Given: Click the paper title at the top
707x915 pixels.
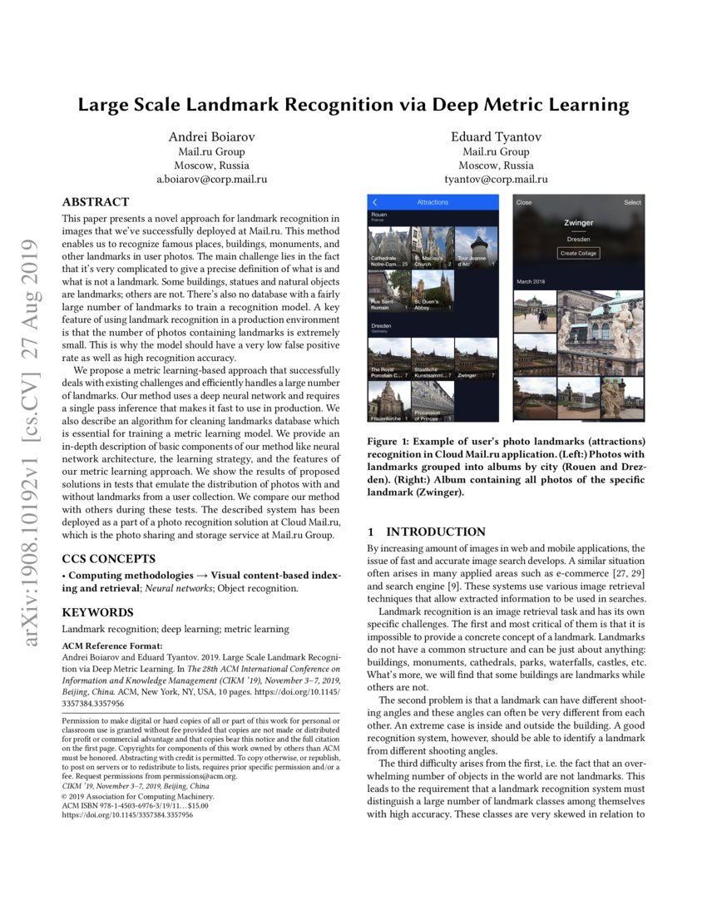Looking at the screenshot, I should click(x=353, y=105).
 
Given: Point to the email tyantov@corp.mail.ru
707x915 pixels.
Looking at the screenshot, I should click(x=496, y=179).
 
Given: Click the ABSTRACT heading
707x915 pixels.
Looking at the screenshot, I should click(x=96, y=202).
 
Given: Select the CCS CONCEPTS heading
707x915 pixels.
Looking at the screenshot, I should click(x=107, y=558).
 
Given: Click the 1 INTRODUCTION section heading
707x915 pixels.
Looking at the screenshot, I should click(x=427, y=532).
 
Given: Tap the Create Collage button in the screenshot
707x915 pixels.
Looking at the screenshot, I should click(x=578, y=253).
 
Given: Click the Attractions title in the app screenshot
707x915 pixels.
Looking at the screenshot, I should click(x=432, y=202).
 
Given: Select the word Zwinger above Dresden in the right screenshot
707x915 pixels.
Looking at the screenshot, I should click(x=578, y=223).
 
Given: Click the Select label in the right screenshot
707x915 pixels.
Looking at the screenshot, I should click(x=632, y=202).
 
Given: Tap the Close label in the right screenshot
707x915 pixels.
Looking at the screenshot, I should click(x=524, y=202).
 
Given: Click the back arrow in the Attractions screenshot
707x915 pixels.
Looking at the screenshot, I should click(x=375, y=202).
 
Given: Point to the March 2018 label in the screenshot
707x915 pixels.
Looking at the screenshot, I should click(x=530, y=280).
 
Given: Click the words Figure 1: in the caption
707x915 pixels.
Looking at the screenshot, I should click(x=391, y=440).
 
